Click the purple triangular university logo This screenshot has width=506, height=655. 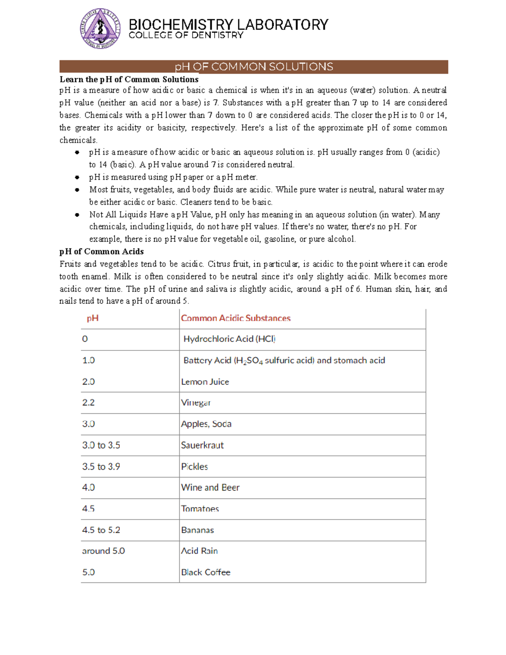click(x=100, y=28)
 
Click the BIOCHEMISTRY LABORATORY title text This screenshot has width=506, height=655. click(x=228, y=24)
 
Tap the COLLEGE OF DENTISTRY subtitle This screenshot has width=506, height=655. click(x=186, y=35)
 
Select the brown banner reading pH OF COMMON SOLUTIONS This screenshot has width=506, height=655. click(x=253, y=67)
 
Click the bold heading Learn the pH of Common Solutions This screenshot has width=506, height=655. click(x=129, y=79)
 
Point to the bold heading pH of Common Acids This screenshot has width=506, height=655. click(x=102, y=251)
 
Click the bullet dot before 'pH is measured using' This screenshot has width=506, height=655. click(x=77, y=177)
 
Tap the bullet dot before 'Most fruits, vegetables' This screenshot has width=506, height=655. click(x=77, y=190)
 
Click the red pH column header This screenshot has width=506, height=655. click(x=92, y=318)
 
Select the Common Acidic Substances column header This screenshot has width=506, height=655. click(x=236, y=318)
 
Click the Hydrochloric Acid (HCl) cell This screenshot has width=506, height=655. click(x=229, y=339)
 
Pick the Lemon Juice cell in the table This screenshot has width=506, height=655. click(x=205, y=382)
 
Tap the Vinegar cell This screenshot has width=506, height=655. click(x=196, y=403)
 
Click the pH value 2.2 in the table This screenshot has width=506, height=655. click(x=88, y=403)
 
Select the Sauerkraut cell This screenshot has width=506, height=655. click(x=202, y=445)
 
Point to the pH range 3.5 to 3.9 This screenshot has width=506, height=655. click(x=101, y=466)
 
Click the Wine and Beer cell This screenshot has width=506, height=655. click(x=210, y=488)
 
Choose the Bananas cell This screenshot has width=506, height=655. click(x=197, y=530)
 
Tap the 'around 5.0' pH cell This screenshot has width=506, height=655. click(x=103, y=551)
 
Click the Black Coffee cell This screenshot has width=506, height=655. click(x=206, y=572)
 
